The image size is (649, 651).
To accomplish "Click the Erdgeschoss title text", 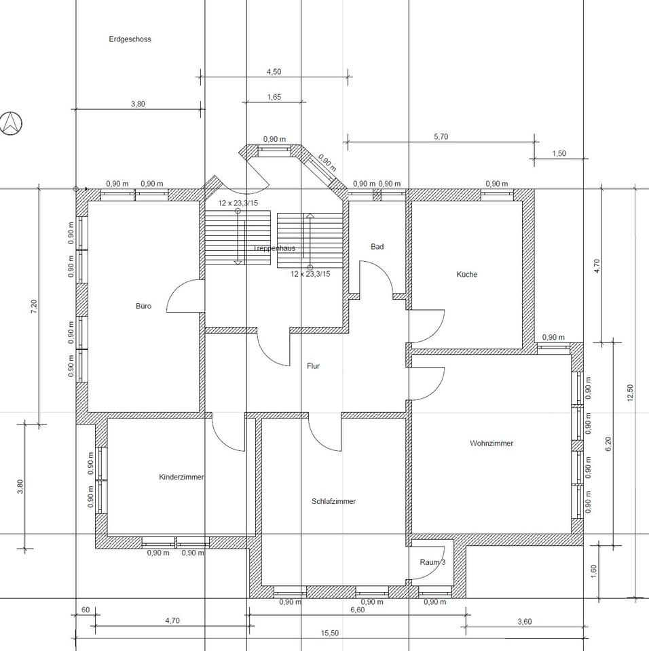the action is (x=130, y=39).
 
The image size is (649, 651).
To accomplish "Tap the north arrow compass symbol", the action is (x=11, y=123).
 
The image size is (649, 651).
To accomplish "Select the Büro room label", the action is (x=143, y=306).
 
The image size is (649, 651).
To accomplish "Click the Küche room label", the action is (x=467, y=274).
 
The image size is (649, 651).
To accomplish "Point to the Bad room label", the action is (x=377, y=247).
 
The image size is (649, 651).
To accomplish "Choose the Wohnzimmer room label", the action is (x=492, y=443).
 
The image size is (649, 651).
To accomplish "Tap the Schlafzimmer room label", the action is (x=333, y=501).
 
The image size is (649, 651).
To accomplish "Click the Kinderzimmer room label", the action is (x=181, y=477).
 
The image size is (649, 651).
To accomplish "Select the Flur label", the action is (x=313, y=366).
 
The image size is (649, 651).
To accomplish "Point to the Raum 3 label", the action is (x=432, y=562).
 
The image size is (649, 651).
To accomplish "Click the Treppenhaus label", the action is (x=274, y=248).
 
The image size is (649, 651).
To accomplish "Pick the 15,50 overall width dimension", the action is (x=329, y=633).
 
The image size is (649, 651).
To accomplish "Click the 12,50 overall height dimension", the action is (x=629, y=393).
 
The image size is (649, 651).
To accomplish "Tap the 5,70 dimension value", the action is (x=441, y=136).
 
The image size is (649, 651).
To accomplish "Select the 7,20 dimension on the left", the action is (x=34, y=307).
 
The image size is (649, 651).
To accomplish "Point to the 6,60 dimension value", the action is (x=357, y=610).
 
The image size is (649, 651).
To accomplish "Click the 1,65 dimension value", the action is (x=274, y=97).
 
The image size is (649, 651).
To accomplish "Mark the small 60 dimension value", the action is (x=86, y=610).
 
